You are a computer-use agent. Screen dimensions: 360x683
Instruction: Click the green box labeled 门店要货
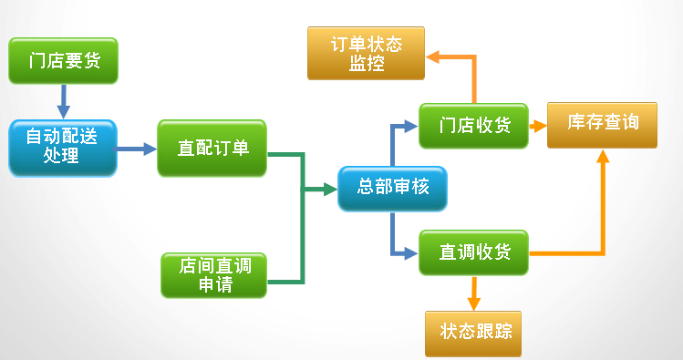click(64, 61)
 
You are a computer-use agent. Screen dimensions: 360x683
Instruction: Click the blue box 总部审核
click(392, 189)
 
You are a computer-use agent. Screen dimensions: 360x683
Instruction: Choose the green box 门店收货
click(473, 126)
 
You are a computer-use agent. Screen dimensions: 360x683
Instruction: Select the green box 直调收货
click(473, 252)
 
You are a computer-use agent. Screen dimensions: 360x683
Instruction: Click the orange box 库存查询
click(602, 125)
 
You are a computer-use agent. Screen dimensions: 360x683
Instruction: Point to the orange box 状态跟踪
click(474, 332)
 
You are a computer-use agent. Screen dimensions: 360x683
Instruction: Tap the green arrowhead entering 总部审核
click(329, 190)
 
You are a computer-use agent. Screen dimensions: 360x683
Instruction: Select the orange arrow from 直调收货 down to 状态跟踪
click(473, 293)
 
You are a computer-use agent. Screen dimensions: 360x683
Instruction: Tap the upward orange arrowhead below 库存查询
click(602, 159)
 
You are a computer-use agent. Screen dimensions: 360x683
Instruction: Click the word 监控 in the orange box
click(365, 64)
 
